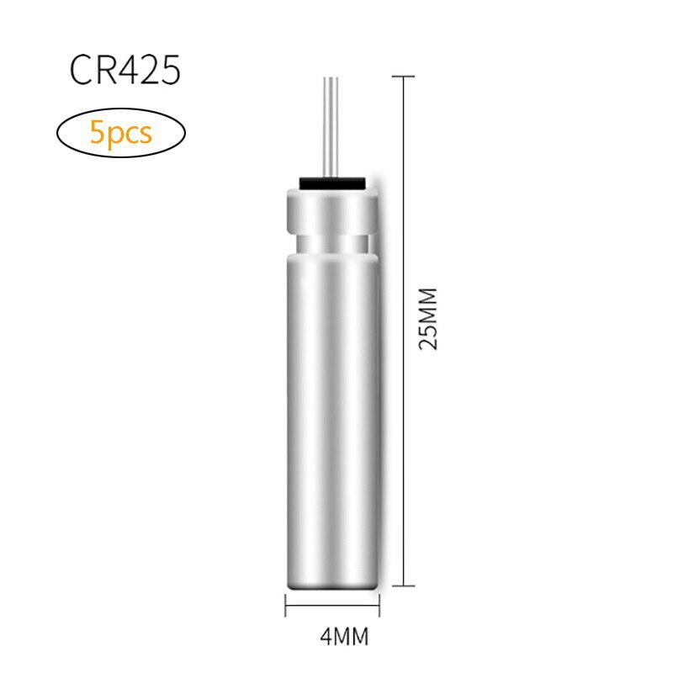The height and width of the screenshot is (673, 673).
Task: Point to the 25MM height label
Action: tap(429, 319)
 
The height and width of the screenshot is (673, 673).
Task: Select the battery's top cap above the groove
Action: tap(331, 210)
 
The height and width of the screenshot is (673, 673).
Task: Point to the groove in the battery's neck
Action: tap(331, 244)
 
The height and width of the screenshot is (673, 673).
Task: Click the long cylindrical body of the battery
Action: tap(331, 404)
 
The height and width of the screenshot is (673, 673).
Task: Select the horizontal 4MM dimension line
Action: tap(331, 604)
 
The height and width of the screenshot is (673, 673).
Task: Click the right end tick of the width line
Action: tap(379, 604)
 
